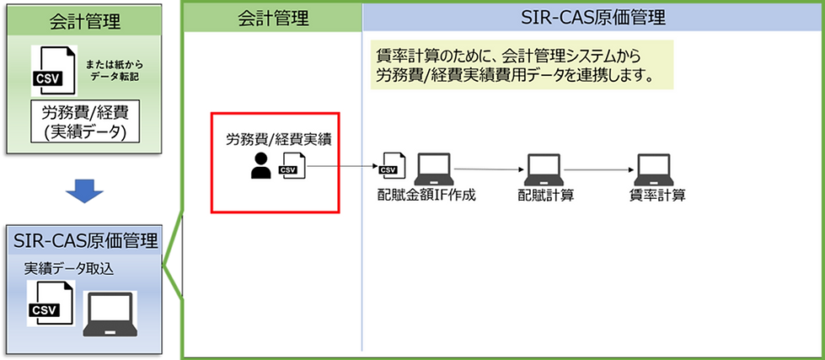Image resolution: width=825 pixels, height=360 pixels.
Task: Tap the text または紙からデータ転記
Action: [x=110, y=69]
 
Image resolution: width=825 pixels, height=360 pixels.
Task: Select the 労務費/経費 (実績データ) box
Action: [x=84, y=122]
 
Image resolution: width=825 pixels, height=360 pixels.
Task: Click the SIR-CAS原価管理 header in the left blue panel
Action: [x=85, y=241]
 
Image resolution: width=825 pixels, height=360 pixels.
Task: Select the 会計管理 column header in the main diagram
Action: [x=273, y=16]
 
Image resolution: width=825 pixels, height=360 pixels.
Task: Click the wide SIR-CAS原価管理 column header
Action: [x=590, y=16]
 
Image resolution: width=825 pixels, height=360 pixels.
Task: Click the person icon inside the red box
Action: [x=261, y=166]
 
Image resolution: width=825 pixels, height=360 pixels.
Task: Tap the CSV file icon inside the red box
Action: [x=291, y=165]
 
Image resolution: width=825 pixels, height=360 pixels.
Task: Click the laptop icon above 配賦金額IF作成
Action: [x=433, y=169]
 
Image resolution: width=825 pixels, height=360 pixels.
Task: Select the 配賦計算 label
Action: [x=544, y=196]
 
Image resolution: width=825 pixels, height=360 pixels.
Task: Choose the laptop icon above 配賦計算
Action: [x=544, y=169]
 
